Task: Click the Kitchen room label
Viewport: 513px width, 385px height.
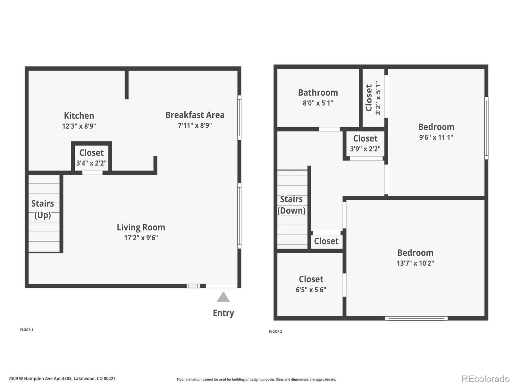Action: (x=79, y=116)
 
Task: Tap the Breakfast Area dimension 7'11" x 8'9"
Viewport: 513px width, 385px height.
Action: (x=195, y=125)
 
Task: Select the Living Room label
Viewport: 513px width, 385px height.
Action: (x=141, y=227)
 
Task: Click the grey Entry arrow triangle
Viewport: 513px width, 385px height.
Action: (x=223, y=297)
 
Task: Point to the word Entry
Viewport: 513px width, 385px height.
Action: (x=223, y=313)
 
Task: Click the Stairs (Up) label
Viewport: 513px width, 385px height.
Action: (x=43, y=209)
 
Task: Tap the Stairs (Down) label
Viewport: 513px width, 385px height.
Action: (x=291, y=205)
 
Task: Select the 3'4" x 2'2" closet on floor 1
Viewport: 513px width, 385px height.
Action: (x=91, y=158)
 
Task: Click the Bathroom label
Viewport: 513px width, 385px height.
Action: (x=318, y=93)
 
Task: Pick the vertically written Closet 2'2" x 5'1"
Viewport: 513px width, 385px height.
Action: (x=373, y=98)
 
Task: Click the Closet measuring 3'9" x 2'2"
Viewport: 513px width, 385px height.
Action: (x=365, y=143)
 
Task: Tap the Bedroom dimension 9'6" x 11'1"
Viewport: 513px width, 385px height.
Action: (x=436, y=137)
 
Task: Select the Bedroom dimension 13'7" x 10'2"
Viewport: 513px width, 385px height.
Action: (x=415, y=263)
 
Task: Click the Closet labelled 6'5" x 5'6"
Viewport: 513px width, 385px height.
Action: (x=311, y=284)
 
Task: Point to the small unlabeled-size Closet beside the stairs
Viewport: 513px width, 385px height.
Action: (x=326, y=241)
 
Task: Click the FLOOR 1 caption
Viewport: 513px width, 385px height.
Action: (x=27, y=329)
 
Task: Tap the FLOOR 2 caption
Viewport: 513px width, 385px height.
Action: (x=275, y=331)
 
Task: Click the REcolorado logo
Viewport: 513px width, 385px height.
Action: (x=485, y=379)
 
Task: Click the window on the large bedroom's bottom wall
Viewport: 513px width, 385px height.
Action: (x=416, y=318)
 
